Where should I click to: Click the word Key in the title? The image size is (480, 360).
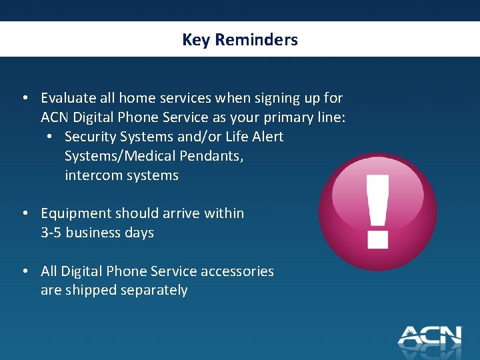point(195,40)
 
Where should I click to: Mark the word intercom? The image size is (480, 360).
point(93,175)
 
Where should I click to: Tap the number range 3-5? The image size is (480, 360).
point(51,233)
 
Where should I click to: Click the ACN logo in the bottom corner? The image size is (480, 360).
point(429,335)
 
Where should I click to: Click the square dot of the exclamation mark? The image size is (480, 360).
point(378,238)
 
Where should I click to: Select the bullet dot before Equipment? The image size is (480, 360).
point(24,213)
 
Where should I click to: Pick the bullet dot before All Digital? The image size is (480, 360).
point(24,271)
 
